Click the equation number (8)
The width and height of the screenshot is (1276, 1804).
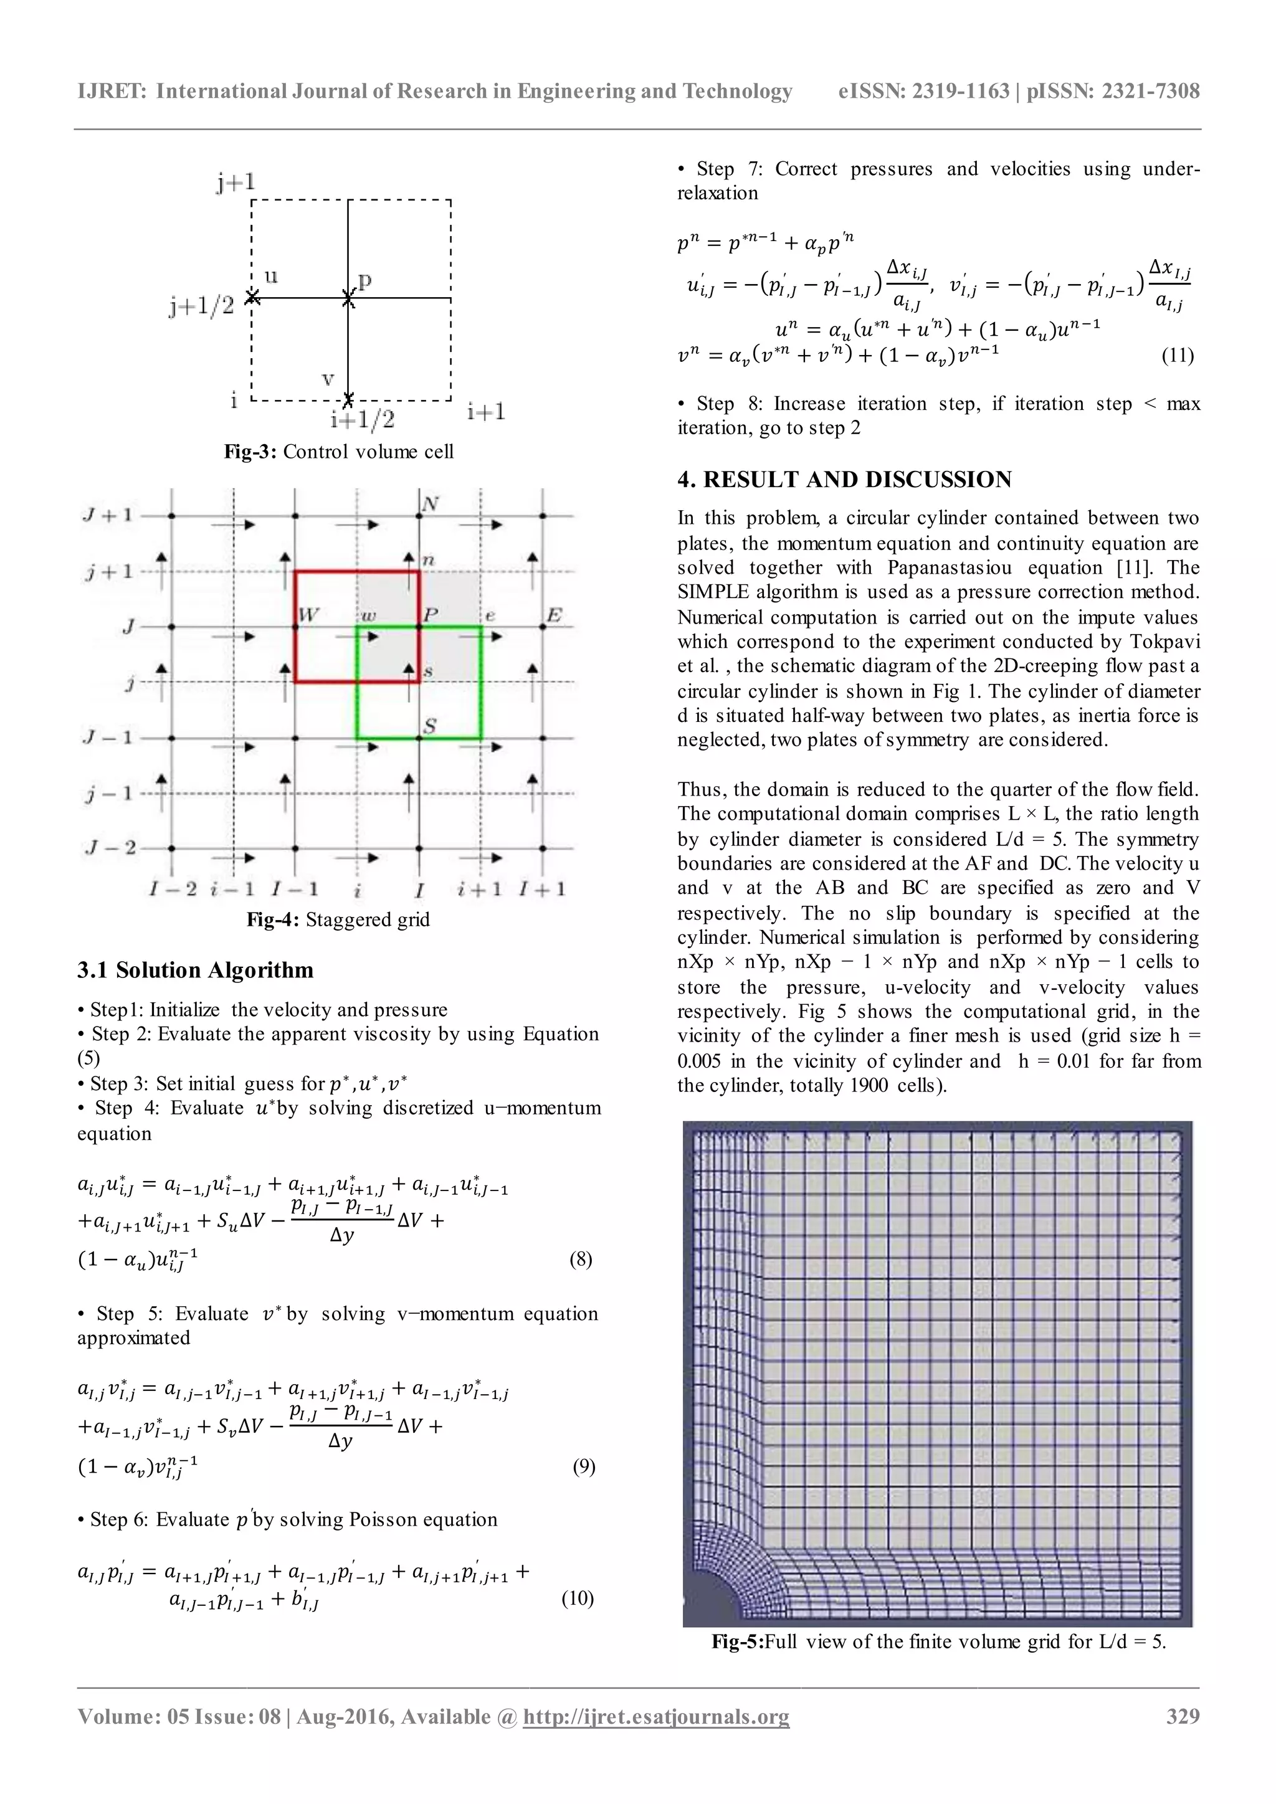click(x=580, y=1260)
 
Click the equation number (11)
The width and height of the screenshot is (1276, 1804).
click(x=1177, y=355)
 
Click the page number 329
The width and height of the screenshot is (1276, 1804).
click(x=1183, y=1738)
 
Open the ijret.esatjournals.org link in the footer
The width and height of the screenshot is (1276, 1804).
click(x=656, y=1739)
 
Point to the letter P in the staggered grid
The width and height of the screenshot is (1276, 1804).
click(x=431, y=614)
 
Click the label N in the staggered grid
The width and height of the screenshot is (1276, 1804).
click(x=429, y=504)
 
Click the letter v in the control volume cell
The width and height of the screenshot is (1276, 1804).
click(x=328, y=379)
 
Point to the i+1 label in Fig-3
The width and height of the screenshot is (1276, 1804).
click(x=485, y=412)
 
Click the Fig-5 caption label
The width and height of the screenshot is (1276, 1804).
click(x=737, y=1641)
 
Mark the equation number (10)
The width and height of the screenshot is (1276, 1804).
click(x=577, y=1598)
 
